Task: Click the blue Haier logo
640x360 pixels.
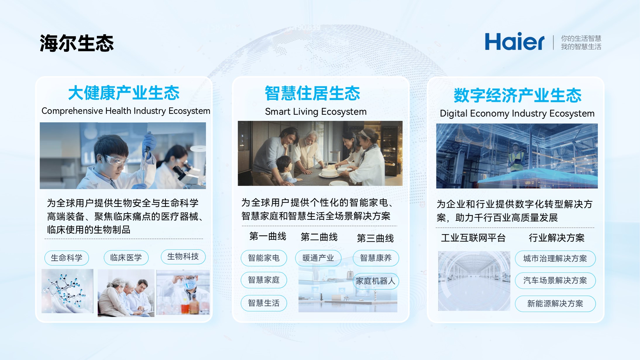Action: pos(515,42)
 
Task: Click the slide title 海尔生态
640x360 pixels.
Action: pos(77,43)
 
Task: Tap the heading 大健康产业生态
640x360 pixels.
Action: pos(124,93)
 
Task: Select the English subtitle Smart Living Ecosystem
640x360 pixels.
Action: pos(316,112)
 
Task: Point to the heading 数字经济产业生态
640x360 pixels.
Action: pos(517,95)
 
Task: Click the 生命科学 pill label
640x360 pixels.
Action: pos(67,258)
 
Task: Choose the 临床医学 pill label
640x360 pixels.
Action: pos(126,258)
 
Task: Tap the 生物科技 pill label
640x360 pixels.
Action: pos(183,257)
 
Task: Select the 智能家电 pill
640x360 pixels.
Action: pos(264,258)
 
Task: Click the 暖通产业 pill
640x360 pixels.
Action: pos(318,258)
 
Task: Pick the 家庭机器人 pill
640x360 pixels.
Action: pos(376,281)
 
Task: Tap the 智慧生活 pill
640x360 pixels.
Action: pos(264,303)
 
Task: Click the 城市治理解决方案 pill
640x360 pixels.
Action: pos(555,258)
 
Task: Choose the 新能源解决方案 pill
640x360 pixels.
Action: pos(555,304)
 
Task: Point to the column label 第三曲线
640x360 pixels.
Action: pos(375,238)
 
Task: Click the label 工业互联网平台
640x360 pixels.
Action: pos(473,238)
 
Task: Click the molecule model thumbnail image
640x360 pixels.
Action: pos(67,291)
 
